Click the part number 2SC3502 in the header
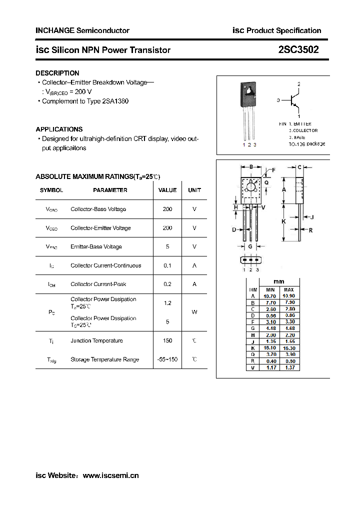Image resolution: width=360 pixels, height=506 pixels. (298, 50)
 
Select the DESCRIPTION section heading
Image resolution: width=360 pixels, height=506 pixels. (57, 73)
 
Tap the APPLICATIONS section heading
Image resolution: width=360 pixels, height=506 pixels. (59, 129)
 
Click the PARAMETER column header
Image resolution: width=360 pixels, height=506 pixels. (110, 190)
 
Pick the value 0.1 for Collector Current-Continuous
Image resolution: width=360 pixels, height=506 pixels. (167, 265)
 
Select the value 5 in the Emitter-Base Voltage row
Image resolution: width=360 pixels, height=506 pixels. (167, 246)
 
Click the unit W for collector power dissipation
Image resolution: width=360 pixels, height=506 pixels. (194, 312)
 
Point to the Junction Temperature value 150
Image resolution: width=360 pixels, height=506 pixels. (167, 340)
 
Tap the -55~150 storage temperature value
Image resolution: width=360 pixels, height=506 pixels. (167, 359)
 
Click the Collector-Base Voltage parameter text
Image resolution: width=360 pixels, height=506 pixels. (98, 209)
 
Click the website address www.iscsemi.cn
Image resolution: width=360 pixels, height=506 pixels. (110, 475)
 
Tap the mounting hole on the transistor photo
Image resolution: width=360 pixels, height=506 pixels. (249, 90)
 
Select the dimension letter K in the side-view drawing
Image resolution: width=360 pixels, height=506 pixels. (283, 221)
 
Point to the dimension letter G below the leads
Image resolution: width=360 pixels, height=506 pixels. (250, 246)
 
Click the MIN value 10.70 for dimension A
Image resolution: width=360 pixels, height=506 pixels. (269, 296)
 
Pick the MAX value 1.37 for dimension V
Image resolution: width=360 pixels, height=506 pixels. (289, 367)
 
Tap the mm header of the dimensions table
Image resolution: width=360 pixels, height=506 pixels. (279, 281)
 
